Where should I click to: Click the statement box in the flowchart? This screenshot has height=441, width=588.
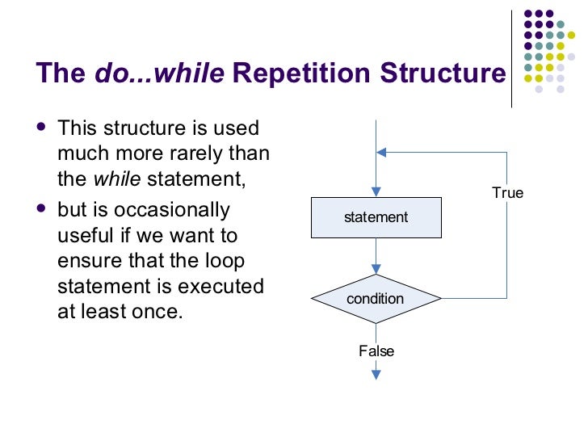[376, 217]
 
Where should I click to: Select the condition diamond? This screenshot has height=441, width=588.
[376, 299]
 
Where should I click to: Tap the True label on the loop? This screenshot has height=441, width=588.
[507, 193]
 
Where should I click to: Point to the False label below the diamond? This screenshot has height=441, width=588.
[376, 351]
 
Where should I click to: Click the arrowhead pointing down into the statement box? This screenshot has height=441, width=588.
[376, 191]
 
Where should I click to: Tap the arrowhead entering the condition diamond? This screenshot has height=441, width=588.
[376, 271]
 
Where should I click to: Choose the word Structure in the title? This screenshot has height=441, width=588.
[442, 73]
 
